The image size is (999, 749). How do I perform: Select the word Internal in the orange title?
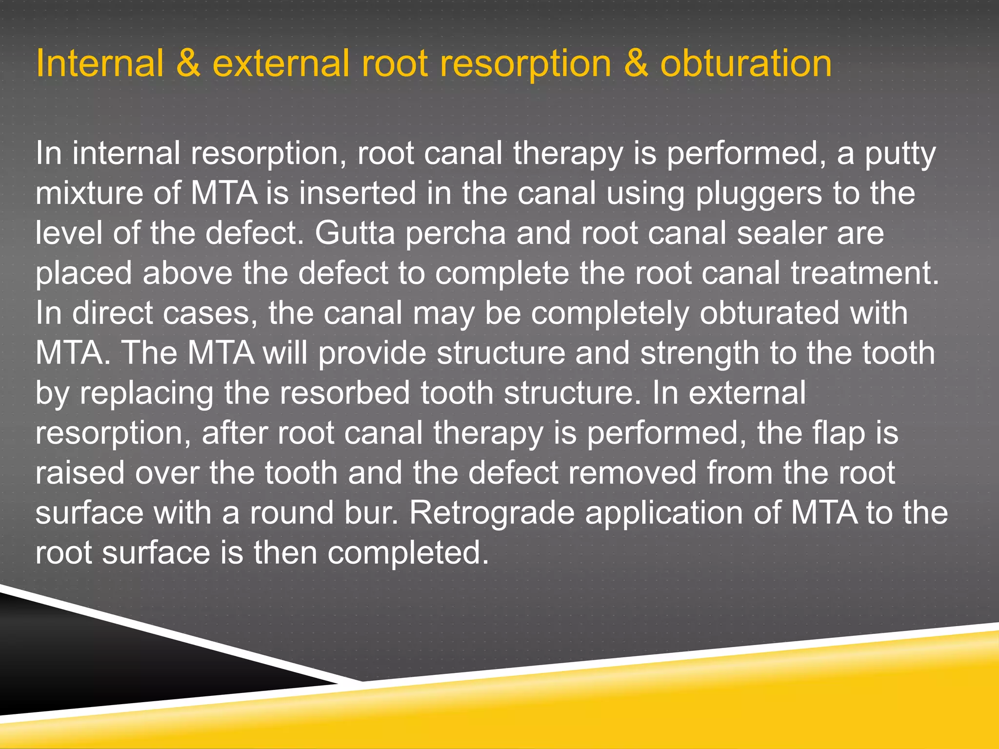click(100, 64)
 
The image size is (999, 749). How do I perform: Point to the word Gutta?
click(355, 233)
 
